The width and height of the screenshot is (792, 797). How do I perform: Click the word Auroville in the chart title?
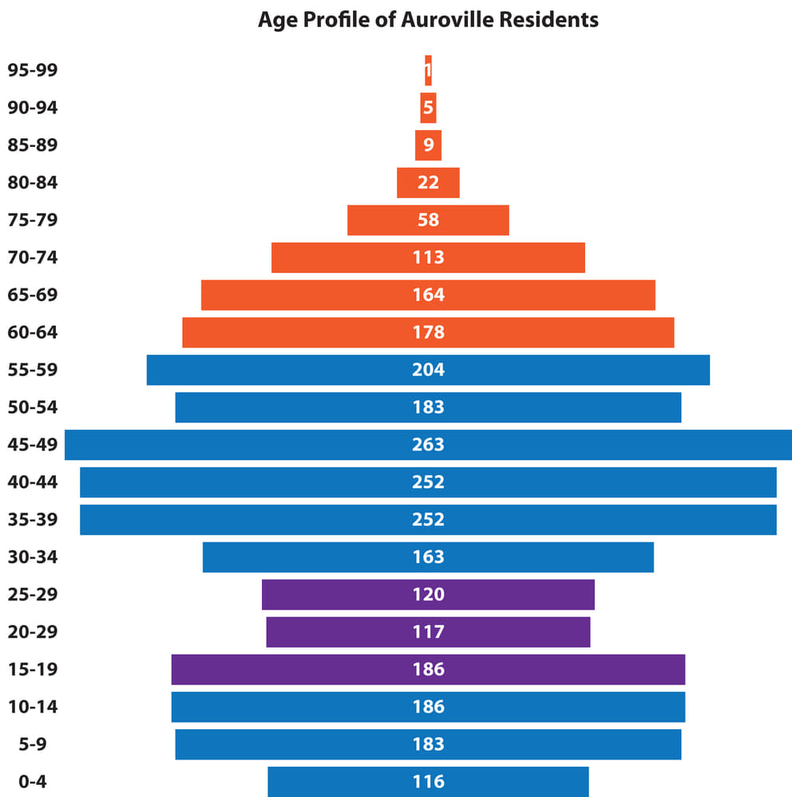pyautogui.click(x=449, y=19)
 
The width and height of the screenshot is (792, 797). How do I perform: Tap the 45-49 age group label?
pyautogui.click(x=33, y=444)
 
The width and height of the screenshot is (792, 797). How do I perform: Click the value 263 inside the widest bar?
pyautogui.click(x=428, y=444)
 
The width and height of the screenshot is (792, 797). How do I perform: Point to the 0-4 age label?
pyautogui.click(x=33, y=781)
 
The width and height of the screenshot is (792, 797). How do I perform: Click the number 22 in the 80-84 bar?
pyautogui.click(x=428, y=182)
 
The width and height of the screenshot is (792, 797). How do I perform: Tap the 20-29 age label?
pyautogui.click(x=33, y=632)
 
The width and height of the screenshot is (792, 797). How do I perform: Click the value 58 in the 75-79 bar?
pyautogui.click(x=428, y=220)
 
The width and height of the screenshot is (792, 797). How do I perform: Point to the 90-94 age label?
pyautogui.click(x=33, y=107)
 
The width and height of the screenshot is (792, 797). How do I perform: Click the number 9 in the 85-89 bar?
pyautogui.click(x=428, y=145)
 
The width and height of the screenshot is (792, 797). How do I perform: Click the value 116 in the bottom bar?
pyautogui.click(x=428, y=781)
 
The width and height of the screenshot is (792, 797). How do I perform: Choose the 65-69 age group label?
pyautogui.click(x=33, y=295)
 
